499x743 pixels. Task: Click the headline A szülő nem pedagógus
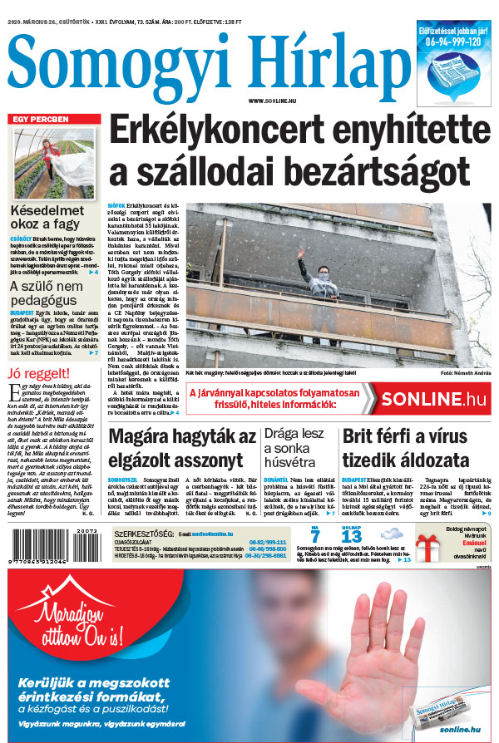47,297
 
